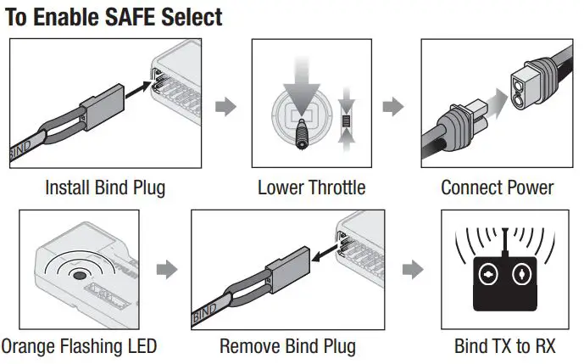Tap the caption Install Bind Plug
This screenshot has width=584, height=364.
pos(105,188)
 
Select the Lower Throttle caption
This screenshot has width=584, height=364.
pos(311,188)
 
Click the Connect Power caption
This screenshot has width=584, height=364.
pos(497,188)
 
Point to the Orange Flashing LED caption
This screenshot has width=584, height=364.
pos(79,346)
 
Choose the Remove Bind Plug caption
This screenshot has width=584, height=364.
pos(287,346)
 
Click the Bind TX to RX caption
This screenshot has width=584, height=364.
pos(505,346)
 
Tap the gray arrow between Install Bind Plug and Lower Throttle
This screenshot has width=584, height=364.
pos(225,108)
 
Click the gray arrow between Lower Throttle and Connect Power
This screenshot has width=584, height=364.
pos(392,108)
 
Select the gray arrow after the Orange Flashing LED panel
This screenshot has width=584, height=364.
pos(168,270)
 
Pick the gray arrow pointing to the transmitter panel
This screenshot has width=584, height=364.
pos(412,270)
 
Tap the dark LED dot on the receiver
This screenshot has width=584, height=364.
pos(81,275)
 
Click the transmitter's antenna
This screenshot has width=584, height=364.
pos(505,242)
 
